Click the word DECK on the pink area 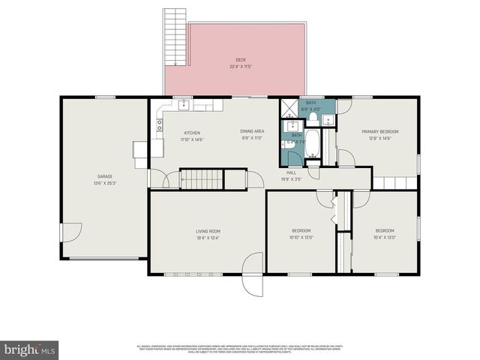pos(241,60)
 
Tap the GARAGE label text pos(104,177)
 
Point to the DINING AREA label pos(252,133)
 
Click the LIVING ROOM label pos(208,231)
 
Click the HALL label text pos(290,172)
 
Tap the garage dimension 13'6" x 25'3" pos(104,183)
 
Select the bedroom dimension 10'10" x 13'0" pos(301,236)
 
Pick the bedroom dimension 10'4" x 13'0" pos(385,236)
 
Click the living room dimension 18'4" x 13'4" pos(208,237)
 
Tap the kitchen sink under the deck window pos(182,105)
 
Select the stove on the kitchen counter pos(159,125)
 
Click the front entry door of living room pos(253,276)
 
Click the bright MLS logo pos(29,349)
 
